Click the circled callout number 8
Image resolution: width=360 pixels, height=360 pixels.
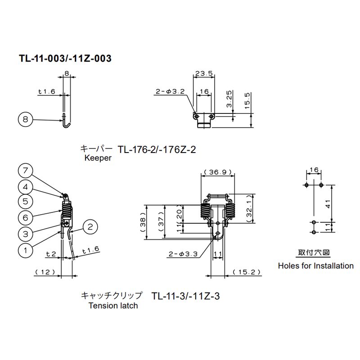coord(25,119)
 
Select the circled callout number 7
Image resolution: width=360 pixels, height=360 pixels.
coord(25,171)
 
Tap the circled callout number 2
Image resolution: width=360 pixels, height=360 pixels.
coord(90,227)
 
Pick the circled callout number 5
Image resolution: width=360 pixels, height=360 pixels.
coord(25,202)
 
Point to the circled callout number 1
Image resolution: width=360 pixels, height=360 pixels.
coord(25,250)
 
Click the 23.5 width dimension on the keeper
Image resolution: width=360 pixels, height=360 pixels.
coord(204,73)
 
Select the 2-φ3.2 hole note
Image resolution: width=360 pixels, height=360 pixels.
coord(170,91)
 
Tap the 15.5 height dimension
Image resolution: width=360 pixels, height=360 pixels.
coord(247,101)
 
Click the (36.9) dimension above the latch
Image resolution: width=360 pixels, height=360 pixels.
coord(218,172)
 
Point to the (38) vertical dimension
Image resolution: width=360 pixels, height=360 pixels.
coord(143,222)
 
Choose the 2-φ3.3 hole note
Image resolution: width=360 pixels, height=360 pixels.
coord(183,254)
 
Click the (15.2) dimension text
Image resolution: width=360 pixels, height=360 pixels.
coord(247,272)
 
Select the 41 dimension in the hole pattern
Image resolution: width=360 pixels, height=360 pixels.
coord(328,204)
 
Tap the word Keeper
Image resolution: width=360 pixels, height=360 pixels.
coord(98,158)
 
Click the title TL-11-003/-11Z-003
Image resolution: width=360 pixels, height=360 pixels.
coord(65,58)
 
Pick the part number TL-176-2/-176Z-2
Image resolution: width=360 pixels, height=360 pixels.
coord(157,149)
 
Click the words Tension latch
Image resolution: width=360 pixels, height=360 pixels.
coord(113,306)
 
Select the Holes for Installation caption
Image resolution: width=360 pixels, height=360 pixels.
coord(316,265)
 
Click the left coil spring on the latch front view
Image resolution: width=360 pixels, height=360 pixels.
coord(205,211)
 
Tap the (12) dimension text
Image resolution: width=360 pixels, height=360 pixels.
coord(45,272)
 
